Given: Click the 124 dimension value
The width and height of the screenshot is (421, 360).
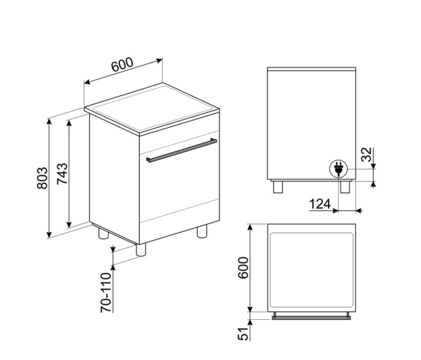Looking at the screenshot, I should click(321, 204).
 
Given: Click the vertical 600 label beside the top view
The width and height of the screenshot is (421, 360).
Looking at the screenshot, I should click(243, 268).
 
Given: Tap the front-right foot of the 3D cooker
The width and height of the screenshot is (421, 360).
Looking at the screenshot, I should click(203, 232).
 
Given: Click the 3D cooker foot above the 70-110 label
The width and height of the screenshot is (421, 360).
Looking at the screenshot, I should click(142, 249).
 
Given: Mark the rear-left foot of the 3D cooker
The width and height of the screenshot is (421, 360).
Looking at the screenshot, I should click(102, 233).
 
